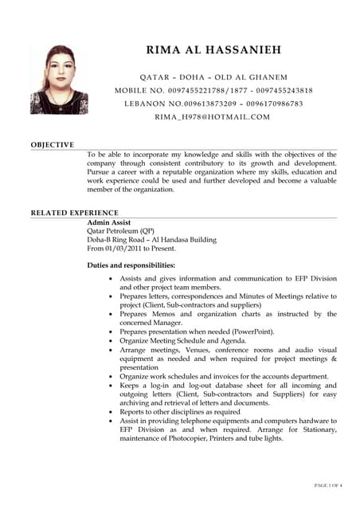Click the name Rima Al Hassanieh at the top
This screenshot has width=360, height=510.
[x=213, y=51]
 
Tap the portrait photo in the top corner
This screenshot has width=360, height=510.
[x=59, y=79]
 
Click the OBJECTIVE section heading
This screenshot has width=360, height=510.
[x=53, y=144]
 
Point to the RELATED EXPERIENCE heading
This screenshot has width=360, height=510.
[x=74, y=213]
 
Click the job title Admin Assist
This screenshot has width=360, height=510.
[x=109, y=222]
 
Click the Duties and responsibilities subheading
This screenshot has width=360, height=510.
[x=131, y=265]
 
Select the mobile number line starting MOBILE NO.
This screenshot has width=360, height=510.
[x=213, y=91]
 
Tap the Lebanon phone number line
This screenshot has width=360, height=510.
[x=213, y=104]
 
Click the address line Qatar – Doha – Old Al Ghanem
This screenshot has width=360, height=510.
[x=213, y=77]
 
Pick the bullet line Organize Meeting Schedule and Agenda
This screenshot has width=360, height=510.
[x=183, y=340]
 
